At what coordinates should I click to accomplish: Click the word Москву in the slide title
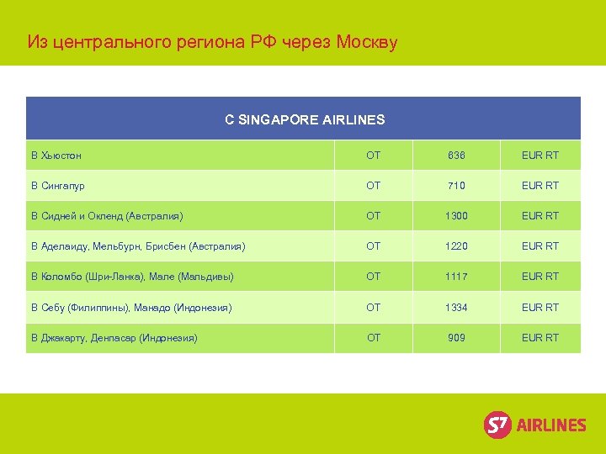coord(366,41)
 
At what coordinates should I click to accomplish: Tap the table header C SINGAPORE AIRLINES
coord(304,119)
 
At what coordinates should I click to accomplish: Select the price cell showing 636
coord(456,156)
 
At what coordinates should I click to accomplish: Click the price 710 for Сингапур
coord(456,186)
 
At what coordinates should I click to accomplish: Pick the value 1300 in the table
coord(456,216)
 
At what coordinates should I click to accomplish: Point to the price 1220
coord(456,246)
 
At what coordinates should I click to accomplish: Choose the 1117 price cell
coord(456,277)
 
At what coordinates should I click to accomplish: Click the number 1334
coord(456,308)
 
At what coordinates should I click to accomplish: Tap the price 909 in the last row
coord(456,338)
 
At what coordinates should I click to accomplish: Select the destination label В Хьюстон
coord(56,156)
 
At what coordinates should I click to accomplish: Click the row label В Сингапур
coord(58,186)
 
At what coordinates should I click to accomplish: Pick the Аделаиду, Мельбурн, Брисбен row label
coord(138,246)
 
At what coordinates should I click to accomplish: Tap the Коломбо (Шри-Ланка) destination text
coord(132,277)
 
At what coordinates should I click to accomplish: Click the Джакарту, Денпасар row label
coord(114,338)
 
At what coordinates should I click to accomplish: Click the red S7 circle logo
coord(497,425)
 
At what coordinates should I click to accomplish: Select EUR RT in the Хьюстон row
coord(540,156)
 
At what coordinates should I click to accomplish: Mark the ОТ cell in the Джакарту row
coord(374,338)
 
